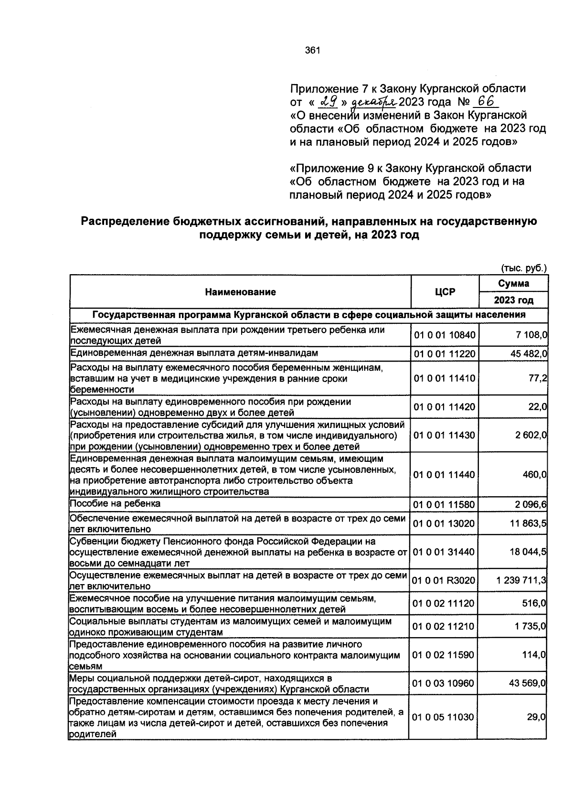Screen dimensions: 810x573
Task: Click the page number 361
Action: pos(312,50)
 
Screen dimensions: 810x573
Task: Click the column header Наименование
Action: pos(240,292)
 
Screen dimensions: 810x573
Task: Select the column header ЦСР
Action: pos(445,292)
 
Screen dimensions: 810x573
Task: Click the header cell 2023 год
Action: pos(513,300)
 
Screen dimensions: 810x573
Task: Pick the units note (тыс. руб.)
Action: pos(523,268)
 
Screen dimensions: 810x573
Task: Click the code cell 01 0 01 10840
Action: pos(445,335)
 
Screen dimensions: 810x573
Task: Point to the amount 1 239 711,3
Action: pos(521,581)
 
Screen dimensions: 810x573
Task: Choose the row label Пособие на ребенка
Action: pos(115,504)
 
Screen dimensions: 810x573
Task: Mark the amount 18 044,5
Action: pos(528,552)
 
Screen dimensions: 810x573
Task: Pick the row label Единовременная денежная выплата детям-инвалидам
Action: pos(194,353)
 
